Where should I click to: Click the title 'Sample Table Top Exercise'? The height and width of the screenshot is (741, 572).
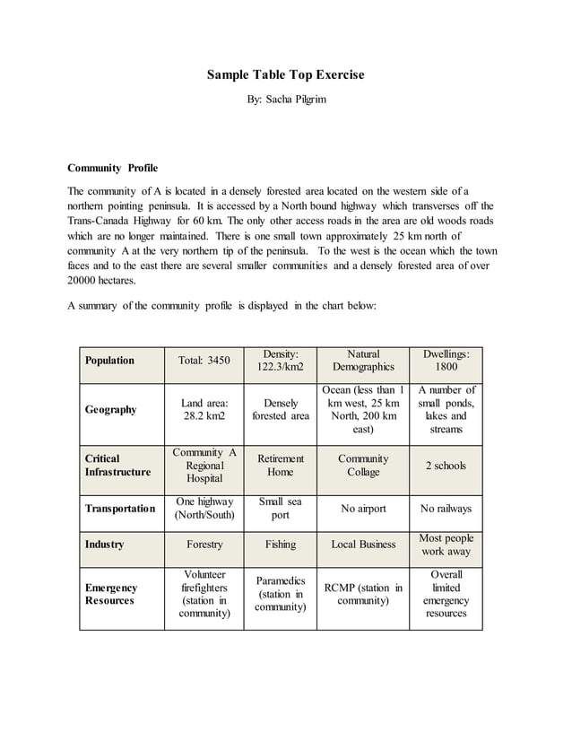(x=286, y=74)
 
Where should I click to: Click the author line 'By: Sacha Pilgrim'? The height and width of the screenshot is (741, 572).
(x=286, y=99)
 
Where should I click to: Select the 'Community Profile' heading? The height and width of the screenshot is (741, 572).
(x=112, y=168)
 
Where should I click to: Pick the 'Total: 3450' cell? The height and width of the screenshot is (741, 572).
(x=204, y=361)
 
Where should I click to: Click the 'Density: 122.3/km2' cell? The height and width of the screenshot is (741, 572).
(x=281, y=361)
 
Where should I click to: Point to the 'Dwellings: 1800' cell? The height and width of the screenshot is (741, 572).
(x=446, y=361)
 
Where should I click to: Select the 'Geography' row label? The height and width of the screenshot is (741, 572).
(x=110, y=410)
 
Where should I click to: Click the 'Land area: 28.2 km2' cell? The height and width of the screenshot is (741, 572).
(x=204, y=410)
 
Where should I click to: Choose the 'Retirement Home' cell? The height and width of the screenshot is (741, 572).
(x=281, y=465)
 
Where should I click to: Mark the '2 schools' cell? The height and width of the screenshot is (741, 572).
(x=446, y=466)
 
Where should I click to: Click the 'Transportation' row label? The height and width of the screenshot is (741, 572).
(x=120, y=509)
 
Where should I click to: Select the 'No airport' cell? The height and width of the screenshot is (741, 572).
(x=363, y=509)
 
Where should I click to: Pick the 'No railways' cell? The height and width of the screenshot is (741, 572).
(x=446, y=509)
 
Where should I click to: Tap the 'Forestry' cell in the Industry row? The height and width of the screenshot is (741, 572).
(x=204, y=545)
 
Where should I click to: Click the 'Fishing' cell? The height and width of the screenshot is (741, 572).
(x=281, y=545)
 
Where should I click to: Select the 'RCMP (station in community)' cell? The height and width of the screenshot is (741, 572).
(x=363, y=594)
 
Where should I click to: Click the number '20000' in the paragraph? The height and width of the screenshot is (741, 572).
(x=83, y=280)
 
